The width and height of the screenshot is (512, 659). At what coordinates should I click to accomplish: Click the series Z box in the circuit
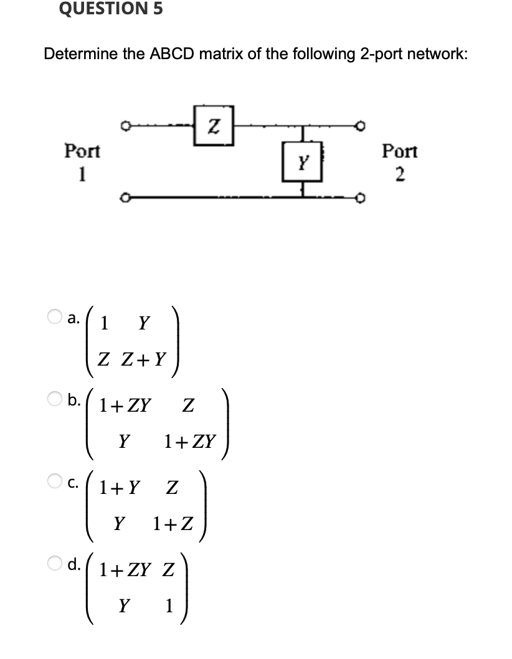pyautogui.click(x=214, y=129)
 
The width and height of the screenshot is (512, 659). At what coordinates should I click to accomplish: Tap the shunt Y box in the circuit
pyautogui.click(x=303, y=163)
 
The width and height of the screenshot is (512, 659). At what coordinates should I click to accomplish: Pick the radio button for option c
pyautogui.click(x=55, y=481)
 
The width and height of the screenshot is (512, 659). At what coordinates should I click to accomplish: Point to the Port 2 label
pyautogui.click(x=400, y=160)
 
